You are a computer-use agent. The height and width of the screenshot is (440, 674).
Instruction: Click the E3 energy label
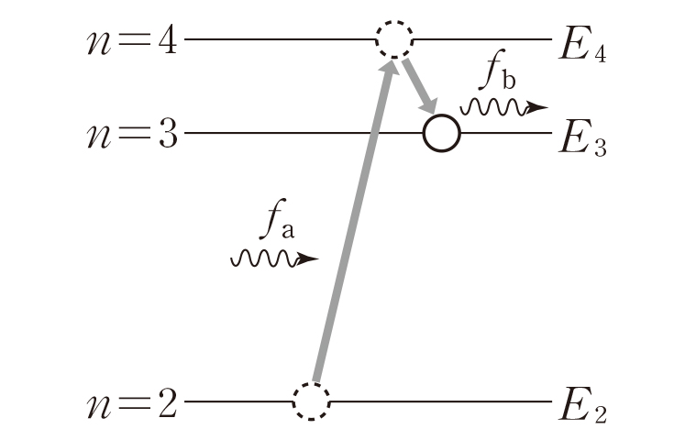pyautogui.click(x=581, y=139)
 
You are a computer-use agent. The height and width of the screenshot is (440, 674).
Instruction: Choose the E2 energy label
pyautogui.click(x=581, y=407)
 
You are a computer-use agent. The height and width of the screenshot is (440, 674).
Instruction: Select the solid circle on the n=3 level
pyautogui.click(x=441, y=134)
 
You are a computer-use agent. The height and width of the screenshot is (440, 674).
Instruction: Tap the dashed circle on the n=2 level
pyautogui.click(x=311, y=401)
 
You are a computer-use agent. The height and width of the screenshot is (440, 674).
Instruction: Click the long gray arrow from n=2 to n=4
pyautogui.click(x=353, y=220)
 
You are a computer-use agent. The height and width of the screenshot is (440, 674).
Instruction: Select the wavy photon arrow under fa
pyautogui.click(x=273, y=259)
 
